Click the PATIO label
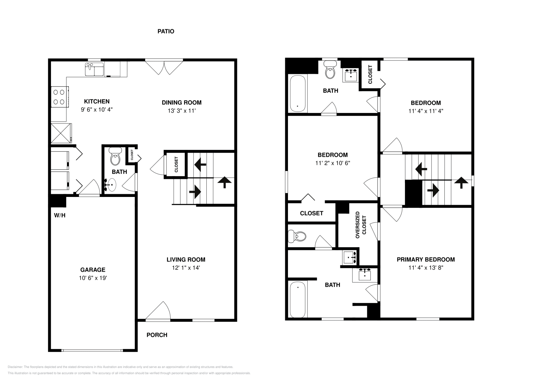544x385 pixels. pyautogui.click(x=166, y=31)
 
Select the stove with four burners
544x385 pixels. pyautogui.click(x=59, y=97)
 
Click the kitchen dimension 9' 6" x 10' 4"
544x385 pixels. pyautogui.click(x=97, y=110)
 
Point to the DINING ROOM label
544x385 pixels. pyautogui.click(x=182, y=102)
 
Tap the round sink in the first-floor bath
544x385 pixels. pyautogui.click(x=111, y=185)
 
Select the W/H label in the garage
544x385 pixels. pyautogui.click(x=60, y=215)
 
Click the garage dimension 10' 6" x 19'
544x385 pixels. pyautogui.click(x=92, y=278)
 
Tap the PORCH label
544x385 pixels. pyautogui.click(x=157, y=335)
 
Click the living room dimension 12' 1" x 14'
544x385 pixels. pyautogui.click(x=186, y=268)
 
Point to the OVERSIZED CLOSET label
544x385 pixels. pyautogui.click(x=361, y=225)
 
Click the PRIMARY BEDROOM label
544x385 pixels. pyautogui.click(x=426, y=260)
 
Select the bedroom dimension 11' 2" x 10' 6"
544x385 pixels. pyautogui.click(x=333, y=163)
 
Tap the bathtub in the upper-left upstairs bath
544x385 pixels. pyautogui.click(x=298, y=93)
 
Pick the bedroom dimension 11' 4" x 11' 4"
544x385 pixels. pyautogui.click(x=426, y=111)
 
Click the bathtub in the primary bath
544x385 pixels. pyautogui.click(x=298, y=300)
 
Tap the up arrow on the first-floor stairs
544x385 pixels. pyautogui.click(x=224, y=183)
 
